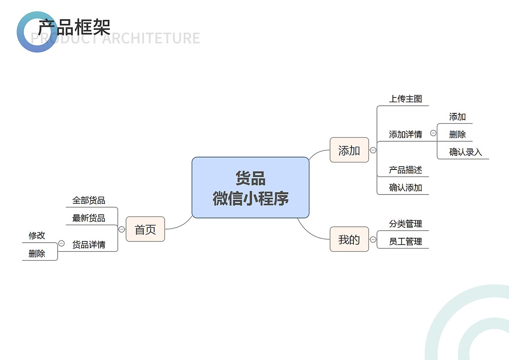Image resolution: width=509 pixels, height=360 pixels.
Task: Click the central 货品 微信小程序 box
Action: point(251,188)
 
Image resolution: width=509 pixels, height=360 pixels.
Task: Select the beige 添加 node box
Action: point(349,150)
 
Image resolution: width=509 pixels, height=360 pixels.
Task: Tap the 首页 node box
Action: point(145,229)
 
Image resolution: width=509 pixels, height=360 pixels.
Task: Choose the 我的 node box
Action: point(349,239)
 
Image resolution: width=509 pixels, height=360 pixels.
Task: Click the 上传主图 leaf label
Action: point(405,99)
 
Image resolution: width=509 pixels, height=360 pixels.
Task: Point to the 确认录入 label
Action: point(465,152)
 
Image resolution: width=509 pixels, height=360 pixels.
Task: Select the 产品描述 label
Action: point(405,170)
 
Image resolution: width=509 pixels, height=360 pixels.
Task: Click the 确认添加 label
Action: point(405,187)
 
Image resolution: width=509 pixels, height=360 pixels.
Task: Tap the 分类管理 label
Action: point(405,224)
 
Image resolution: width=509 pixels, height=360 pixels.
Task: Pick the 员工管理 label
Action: point(405,241)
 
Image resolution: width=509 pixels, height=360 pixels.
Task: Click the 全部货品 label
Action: point(89,200)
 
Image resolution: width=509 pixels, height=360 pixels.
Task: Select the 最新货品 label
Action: point(89,218)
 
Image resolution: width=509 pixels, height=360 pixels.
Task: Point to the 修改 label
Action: point(37,235)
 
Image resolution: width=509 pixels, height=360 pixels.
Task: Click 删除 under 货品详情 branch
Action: point(37,253)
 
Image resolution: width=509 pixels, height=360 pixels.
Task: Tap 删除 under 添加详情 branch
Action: point(457,134)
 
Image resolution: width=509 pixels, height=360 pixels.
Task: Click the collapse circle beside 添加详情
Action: point(433,133)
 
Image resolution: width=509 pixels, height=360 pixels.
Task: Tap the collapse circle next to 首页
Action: point(122,229)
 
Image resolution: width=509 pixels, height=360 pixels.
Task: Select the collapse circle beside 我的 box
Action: point(373,239)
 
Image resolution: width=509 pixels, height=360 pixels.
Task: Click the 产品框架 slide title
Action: point(74,27)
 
